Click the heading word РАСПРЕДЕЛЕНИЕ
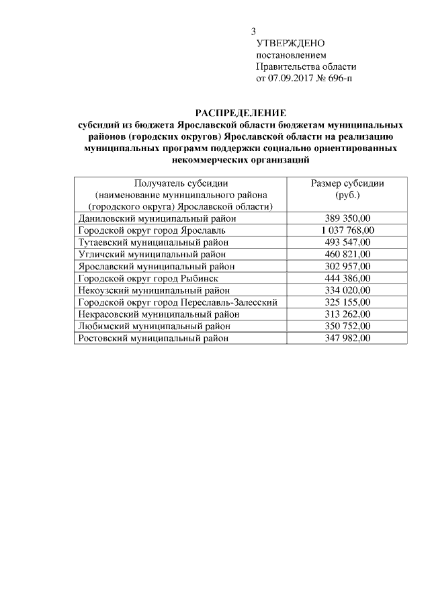pyautogui.click(x=241, y=112)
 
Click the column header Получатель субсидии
pyautogui.click(x=181, y=183)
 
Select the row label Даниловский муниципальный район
pyautogui.click(x=157, y=218)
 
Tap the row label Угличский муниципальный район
pyautogui.click(x=151, y=254)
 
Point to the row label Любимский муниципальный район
pyautogui.click(x=154, y=327)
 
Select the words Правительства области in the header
pyautogui.click(x=306, y=67)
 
